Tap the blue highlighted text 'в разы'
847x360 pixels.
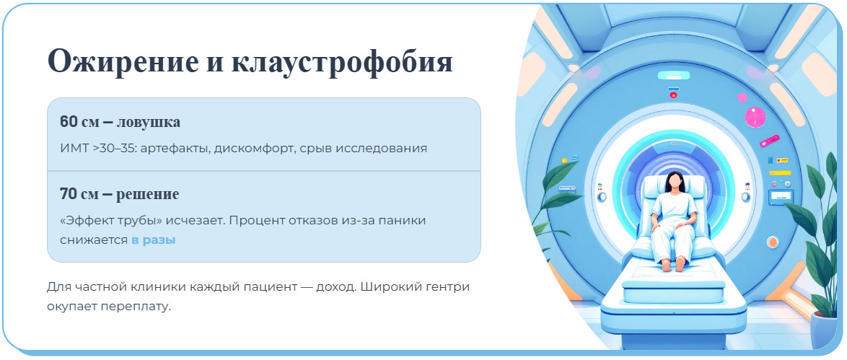(153, 240)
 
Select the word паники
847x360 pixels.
(403, 220)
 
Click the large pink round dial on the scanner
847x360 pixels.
(755, 117)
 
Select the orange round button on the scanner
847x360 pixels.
(773, 242)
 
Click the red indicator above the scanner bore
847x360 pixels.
(674, 95)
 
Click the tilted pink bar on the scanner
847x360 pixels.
(769, 141)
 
